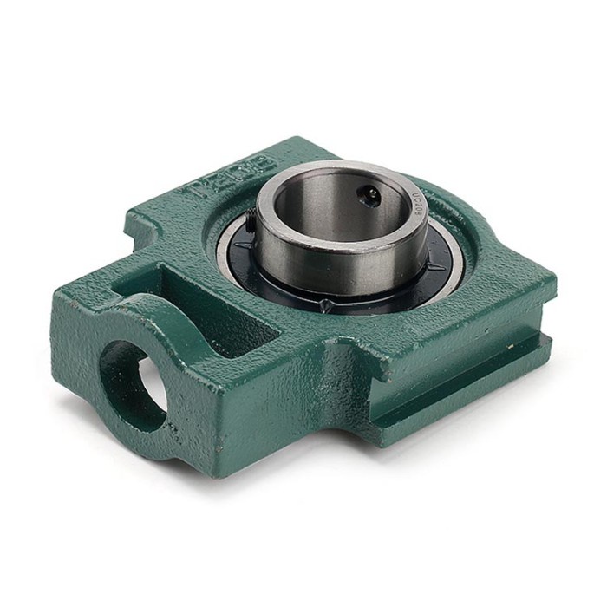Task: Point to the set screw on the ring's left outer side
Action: [250, 227]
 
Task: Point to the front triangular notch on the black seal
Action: [323, 305]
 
